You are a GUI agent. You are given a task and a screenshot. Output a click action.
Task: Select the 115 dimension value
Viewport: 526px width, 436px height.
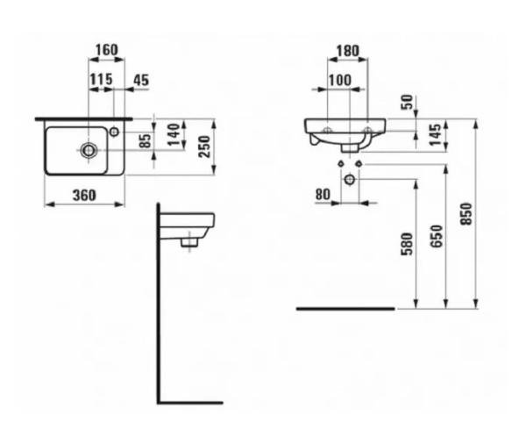102,80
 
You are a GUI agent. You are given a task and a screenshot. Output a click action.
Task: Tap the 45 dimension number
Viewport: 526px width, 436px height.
140,80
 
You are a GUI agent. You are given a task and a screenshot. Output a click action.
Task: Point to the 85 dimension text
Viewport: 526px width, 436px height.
146,139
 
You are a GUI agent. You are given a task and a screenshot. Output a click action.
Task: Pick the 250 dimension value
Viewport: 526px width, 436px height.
204,146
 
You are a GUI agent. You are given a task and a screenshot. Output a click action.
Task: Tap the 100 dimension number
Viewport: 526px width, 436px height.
338,81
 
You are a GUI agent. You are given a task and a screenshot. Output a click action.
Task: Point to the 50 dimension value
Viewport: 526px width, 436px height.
405,102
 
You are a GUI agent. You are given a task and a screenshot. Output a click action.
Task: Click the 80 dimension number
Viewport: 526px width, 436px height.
322,194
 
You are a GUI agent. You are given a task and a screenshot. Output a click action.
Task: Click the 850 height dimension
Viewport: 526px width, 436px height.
466,213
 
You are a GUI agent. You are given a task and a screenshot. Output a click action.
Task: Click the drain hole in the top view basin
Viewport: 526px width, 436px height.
89,150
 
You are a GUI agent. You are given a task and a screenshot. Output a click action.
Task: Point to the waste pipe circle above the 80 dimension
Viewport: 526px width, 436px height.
350,180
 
